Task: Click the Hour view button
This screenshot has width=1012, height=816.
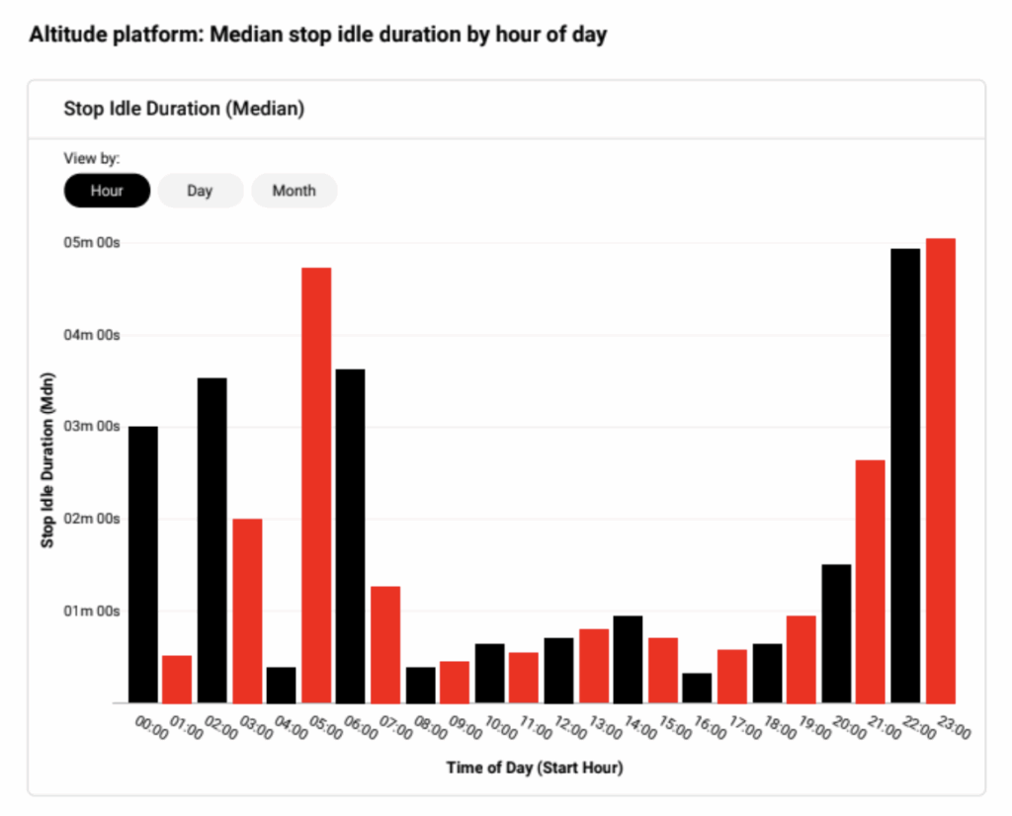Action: coord(107,191)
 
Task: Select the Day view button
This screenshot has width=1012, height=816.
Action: coord(200,191)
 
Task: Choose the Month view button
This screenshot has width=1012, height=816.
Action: coord(294,191)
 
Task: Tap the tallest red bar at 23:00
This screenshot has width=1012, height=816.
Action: coord(940,470)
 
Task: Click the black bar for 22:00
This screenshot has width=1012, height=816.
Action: coord(905,475)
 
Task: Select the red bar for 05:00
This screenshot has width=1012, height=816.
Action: coord(316,485)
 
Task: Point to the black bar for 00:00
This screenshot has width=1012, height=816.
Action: coord(142,564)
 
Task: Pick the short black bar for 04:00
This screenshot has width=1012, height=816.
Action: coord(282,685)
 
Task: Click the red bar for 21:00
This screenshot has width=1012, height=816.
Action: coord(871,581)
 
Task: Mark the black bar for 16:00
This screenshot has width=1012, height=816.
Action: coord(697,688)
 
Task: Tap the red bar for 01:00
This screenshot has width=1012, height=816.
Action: coord(177,679)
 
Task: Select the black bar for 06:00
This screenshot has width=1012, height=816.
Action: coord(350,535)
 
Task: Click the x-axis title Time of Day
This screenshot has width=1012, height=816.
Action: coord(534,767)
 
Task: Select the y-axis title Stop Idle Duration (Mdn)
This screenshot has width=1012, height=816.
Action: coord(47,460)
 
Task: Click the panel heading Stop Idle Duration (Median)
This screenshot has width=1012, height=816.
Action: coord(184,109)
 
